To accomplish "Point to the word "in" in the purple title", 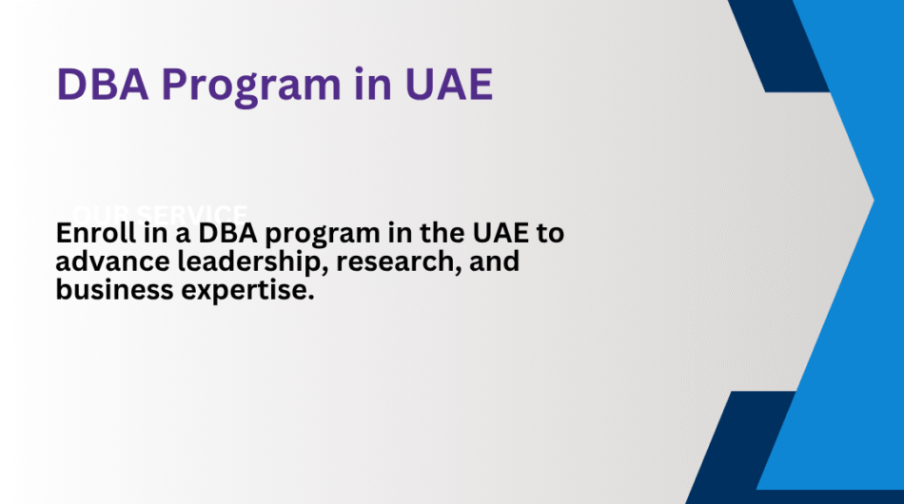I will pos(366,86).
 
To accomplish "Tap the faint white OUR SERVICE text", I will pos(162,212).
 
